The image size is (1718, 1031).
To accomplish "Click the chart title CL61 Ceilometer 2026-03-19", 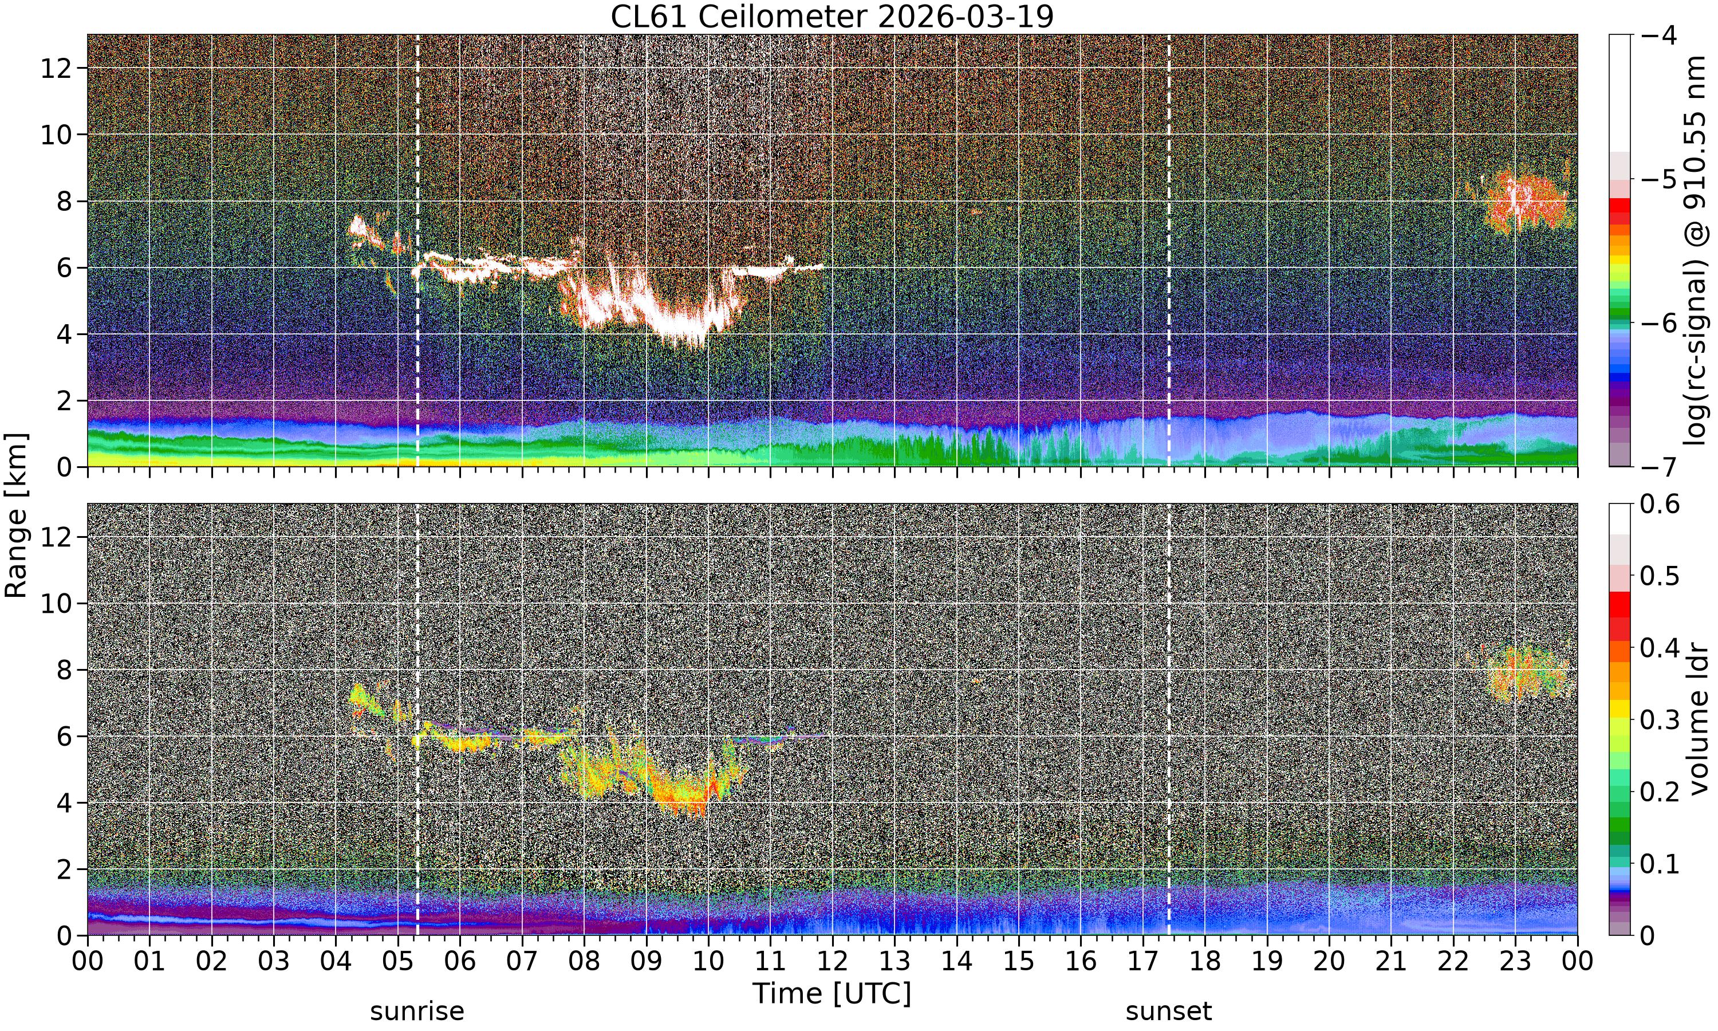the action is pyautogui.click(x=832, y=17).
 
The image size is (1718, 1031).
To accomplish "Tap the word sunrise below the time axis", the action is pyautogui.click(x=417, y=1011).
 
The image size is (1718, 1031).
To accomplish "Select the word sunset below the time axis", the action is pyautogui.click(x=1169, y=1011).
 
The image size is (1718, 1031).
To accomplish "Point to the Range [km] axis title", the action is pyautogui.click(x=17, y=515).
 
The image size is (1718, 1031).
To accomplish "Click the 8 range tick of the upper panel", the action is pyautogui.click(x=64, y=202).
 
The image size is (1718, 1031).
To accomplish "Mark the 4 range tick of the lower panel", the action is pyautogui.click(x=64, y=803).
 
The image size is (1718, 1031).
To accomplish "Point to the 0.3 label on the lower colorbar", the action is pyautogui.click(x=1660, y=720).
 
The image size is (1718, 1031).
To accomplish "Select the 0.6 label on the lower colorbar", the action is pyautogui.click(x=1660, y=503).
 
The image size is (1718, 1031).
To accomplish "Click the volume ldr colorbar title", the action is pyautogui.click(x=1699, y=720).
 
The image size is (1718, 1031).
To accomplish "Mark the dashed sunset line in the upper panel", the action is pyautogui.click(x=1169, y=250).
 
